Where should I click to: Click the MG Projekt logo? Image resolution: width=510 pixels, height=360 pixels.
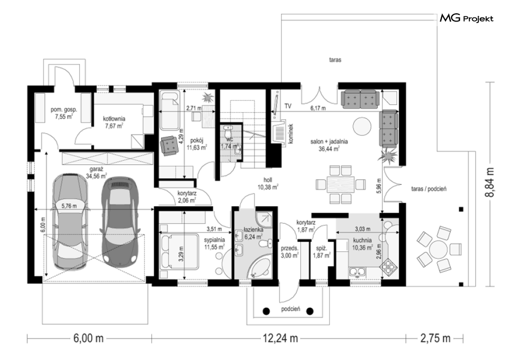tap(466, 18)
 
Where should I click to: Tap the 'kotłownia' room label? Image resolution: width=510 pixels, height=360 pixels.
tap(114, 119)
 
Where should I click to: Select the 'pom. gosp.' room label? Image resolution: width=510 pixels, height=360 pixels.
tap(64, 110)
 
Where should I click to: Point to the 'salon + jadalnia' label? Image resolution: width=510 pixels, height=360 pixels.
tap(329, 142)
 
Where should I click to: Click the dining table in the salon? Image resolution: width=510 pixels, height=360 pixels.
tap(340, 184)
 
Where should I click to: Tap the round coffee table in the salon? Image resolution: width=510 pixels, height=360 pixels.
tap(362, 126)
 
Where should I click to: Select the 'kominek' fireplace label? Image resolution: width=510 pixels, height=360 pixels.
tap(291, 134)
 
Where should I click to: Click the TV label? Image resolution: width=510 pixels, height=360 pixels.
tap(288, 106)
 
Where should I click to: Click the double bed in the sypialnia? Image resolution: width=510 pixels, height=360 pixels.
tap(179, 251)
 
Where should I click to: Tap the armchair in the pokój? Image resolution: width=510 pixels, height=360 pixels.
tap(169, 144)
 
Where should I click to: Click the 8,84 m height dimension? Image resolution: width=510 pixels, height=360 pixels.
tap(491, 182)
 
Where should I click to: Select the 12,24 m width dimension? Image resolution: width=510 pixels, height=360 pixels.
tap(280, 338)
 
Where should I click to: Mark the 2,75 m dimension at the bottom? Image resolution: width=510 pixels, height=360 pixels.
tap(435, 338)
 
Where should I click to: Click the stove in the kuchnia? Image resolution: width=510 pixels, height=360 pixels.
tap(389, 266)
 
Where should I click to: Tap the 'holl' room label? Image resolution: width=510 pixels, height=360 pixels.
tap(268, 180)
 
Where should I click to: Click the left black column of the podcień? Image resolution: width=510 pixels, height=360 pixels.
tap(266, 311)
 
